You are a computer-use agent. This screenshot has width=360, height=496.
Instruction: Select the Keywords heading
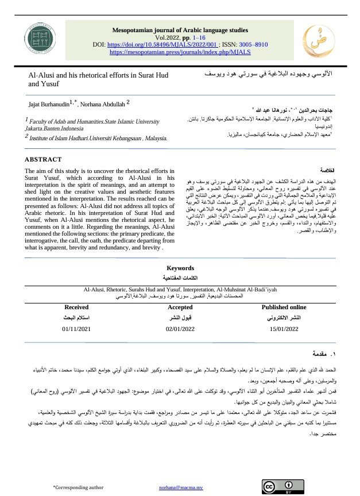click(180, 268)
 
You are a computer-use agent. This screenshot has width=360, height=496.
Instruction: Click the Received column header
click(76, 307)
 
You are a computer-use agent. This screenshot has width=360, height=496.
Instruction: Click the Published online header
click(284, 307)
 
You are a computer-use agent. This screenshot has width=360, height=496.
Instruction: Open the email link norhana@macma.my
click(181, 487)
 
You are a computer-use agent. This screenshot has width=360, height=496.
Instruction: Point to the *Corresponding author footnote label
click(78, 487)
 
